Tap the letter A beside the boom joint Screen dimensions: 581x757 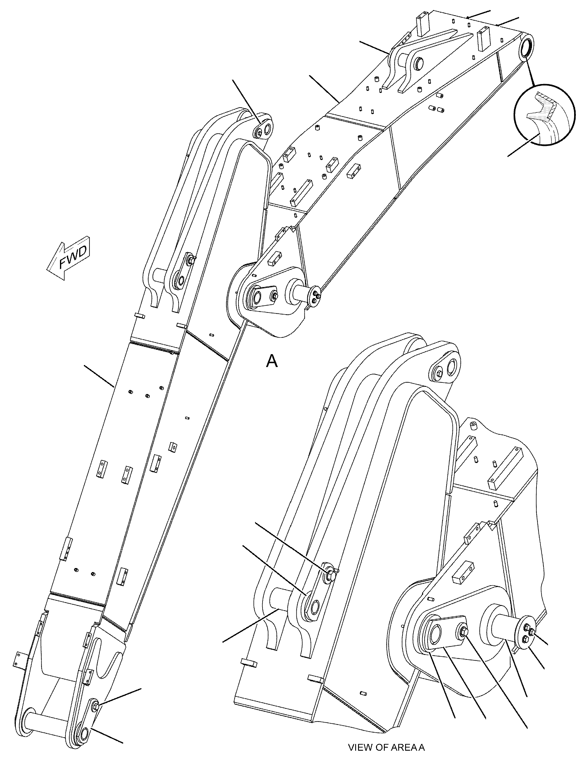272,361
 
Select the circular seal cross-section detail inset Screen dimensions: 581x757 544,114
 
